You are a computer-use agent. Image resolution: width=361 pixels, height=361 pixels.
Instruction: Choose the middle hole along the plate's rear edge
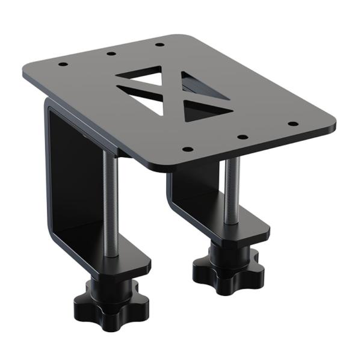coord(111,53)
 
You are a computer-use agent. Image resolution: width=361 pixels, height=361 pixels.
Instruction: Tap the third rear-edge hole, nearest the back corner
coord(159,44)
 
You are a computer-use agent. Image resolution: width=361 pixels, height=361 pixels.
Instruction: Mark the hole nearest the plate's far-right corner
coord(293,124)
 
